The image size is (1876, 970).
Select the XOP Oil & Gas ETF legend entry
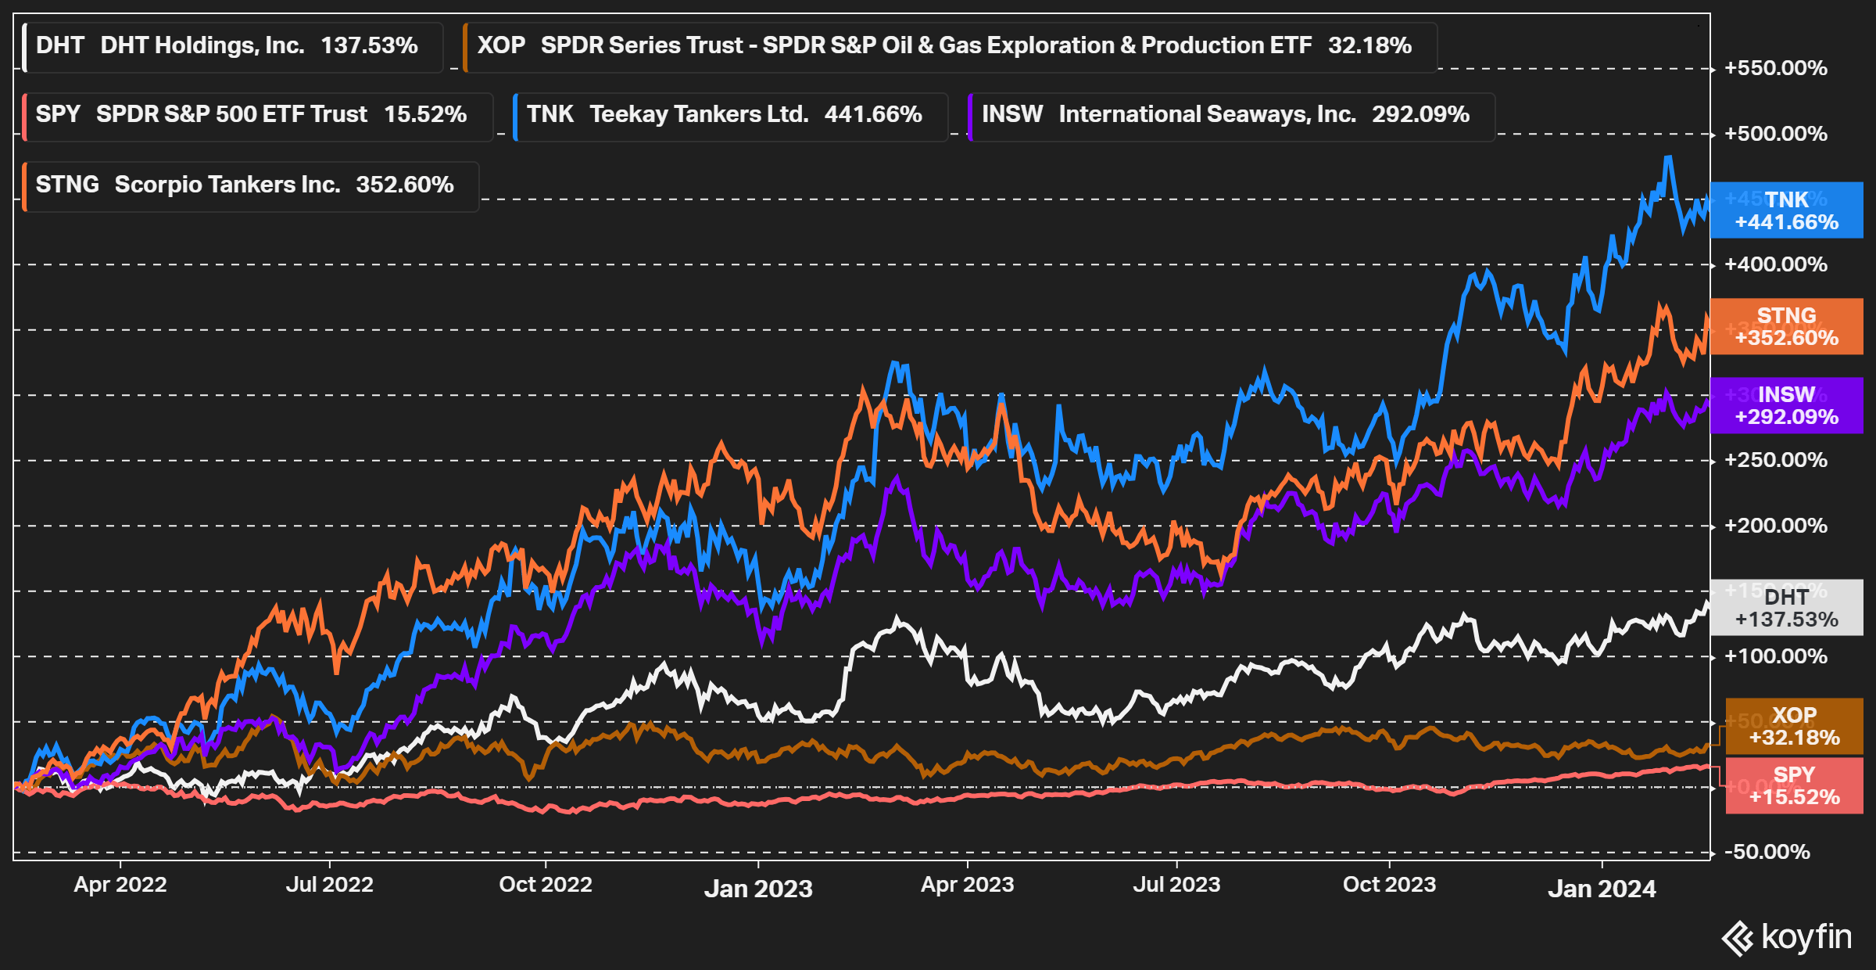pyautogui.click(x=950, y=46)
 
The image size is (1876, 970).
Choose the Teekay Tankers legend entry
pyautogui.click(x=730, y=115)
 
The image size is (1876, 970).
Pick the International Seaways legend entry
pyautogui.click(x=1231, y=115)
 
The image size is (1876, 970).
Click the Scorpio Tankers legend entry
pyautogui.click(x=251, y=185)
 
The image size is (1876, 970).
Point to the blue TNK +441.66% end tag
pyautogui.click(x=1786, y=210)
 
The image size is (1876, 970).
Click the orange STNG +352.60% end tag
pyautogui.click(x=1786, y=326)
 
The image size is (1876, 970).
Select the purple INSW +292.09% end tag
pyautogui.click(x=1786, y=405)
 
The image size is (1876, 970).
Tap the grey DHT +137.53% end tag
pyautogui.click(x=1786, y=608)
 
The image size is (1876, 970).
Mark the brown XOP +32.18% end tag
pyautogui.click(x=1794, y=726)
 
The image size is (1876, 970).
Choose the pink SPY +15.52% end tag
pyautogui.click(x=1794, y=785)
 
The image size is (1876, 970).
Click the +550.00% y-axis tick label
pyautogui.click(x=1776, y=68)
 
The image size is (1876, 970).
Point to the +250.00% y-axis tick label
pyautogui.click(x=1776, y=460)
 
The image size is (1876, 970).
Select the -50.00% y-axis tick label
pyautogui.click(x=1771, y=852)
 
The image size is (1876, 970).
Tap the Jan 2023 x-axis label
pyautogui.click(x=758, y=889)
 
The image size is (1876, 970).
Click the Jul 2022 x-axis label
pyautogui.click(x=329, y=885)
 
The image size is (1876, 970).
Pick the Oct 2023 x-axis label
pyautogui.click(x=1389, y=885)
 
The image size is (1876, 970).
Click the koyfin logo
pyautogui.click(x=1787, y=937)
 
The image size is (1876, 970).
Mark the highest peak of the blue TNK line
pyautogui.click(x=1669, y=157)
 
